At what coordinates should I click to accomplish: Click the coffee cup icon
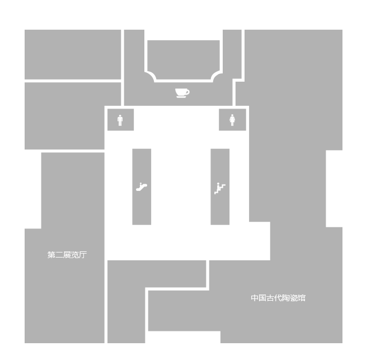click(182, 93)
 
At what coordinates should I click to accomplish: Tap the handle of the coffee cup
click(187, 92)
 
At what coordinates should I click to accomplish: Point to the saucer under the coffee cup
click(181, 97)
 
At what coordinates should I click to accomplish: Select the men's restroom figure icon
click(120, 120)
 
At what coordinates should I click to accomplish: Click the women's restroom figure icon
click(232, 120)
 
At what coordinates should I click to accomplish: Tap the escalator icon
click(142, 187)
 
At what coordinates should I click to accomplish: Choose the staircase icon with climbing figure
click(220, 189)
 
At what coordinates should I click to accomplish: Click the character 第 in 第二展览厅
click(51, 255)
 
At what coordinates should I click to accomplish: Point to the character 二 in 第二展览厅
click(59, 255)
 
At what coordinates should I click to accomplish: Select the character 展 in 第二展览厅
click(67, 255)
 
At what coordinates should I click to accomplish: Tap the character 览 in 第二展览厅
click(75, 255)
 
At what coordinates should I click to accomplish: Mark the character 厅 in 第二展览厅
click(83, 255)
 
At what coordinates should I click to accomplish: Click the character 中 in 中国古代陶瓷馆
click(255, 298)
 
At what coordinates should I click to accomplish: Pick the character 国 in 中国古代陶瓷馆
click(262, 298)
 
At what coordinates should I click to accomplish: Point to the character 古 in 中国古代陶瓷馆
click(270, 298)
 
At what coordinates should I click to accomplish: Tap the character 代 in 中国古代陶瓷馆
click(278, 298)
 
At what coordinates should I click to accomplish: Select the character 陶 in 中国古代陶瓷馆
click(286, 298)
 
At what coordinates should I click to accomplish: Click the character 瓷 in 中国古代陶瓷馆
click(294, 298)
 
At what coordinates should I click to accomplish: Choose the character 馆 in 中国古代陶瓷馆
click(302, 298)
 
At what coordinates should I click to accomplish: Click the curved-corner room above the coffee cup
click(184, 60)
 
